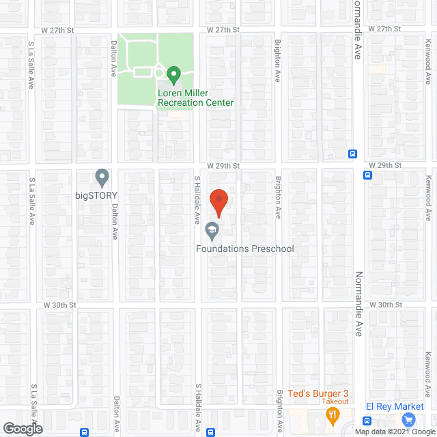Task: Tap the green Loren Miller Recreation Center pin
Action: pos(173,73)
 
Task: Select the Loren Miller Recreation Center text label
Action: pos(196,98)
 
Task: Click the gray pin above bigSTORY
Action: pos(102,178)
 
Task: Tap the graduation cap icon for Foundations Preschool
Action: pos(212,230)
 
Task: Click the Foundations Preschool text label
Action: pos(244,249)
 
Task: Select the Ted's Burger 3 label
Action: pos(318,393)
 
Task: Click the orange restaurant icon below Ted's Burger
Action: pos(333,414)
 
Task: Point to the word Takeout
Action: pos(335,401)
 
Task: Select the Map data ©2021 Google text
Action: pos(393,431)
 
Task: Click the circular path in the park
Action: pos(159,72)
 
